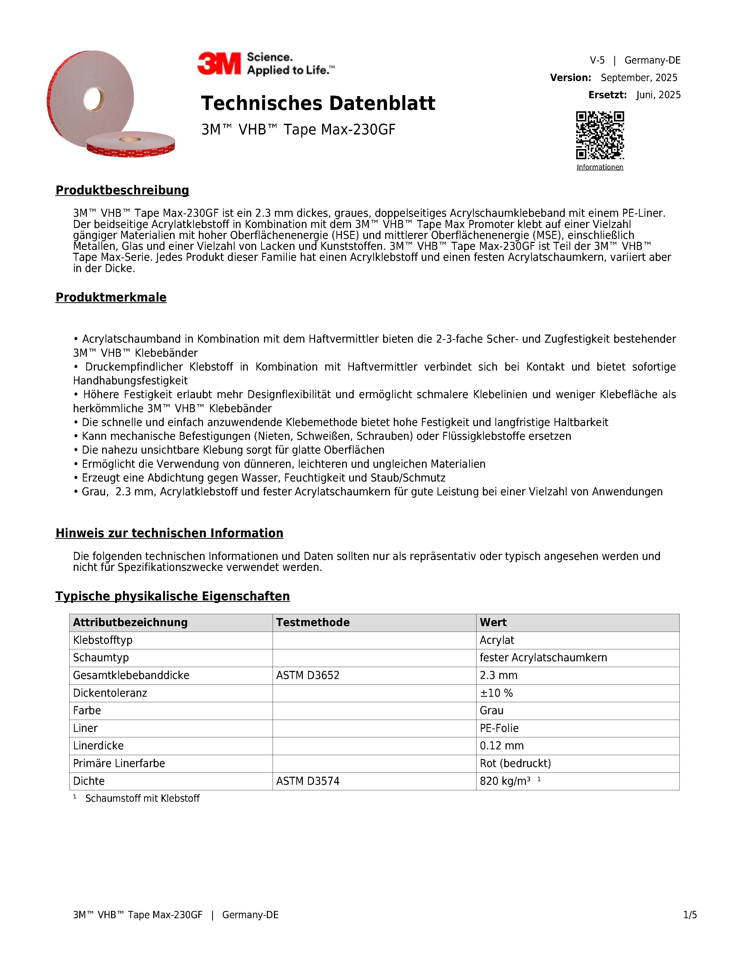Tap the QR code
[600, 135]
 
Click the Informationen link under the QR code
[600, 167]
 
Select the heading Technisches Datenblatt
[318, 103]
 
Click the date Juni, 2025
[658, 95]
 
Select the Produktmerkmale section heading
[111, 297]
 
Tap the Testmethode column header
[313, 622]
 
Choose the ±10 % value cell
[496, 693]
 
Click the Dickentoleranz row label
[110, 693]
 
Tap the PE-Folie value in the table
[499, 728]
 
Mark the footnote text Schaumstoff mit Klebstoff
[143, 799]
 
